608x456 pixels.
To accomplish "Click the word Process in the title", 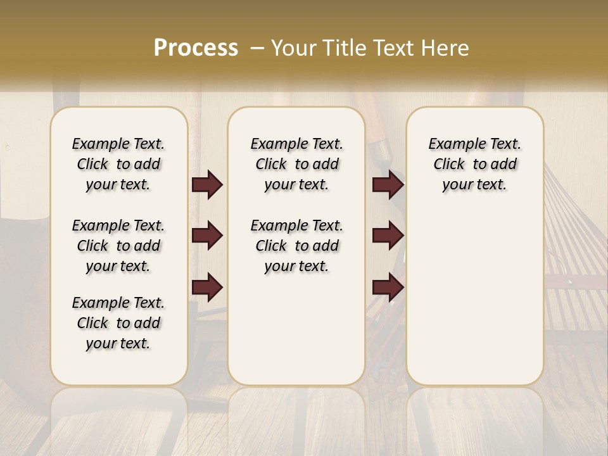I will pyautogui.click(x=196, y=47).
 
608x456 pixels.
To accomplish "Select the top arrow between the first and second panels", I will pyautogui.click(x=207, y=185).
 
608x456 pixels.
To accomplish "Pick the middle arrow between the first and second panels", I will pyautogui.click(x=207, y=236).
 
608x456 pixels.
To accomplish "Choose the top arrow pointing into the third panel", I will pyautogui.click(x=388, y=185).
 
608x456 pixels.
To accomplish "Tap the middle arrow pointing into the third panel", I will pyautogui.click(x=388, y=236).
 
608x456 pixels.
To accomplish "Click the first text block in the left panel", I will pyautogui.click(x=118, y=164).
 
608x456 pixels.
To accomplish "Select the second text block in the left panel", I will pyautogui.click(x=118, y=246).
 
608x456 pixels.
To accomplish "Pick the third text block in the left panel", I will pyautogui.click(x=118, y=323).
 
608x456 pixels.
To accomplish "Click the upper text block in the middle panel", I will pyautogui.click(x=297, y=164).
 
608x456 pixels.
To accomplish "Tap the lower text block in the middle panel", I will pyautogui.click(x=297, y=246).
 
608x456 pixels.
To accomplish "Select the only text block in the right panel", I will pyautogui.click(x=475, y=164).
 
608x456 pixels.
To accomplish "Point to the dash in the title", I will pyautogui.click(x=257, y=48).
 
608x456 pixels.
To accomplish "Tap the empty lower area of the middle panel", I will pyautogui.click(x=297, y=329).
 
